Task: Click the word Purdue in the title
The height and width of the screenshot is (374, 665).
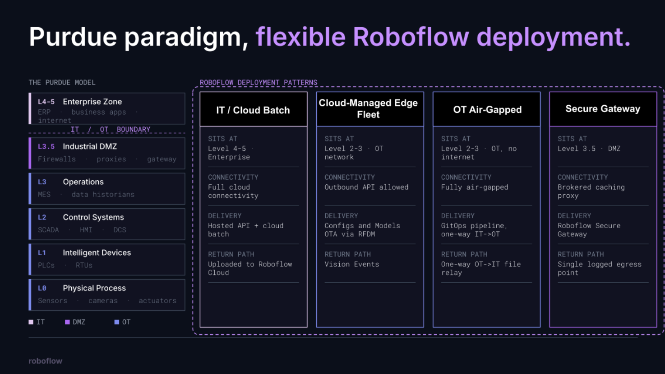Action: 73,37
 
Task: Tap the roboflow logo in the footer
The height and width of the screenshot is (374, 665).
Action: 46,361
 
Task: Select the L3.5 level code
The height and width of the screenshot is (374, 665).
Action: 46,146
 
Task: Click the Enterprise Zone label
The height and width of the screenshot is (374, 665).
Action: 92,102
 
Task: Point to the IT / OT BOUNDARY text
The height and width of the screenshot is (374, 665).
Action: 111,130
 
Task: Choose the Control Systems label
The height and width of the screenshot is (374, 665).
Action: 93,217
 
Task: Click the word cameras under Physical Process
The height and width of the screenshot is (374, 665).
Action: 103,301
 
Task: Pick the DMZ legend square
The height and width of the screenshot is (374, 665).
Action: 67,322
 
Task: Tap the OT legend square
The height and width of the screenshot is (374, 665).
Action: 117,322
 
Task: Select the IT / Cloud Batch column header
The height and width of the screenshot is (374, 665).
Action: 253,110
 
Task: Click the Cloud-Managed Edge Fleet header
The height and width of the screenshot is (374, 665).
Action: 368,108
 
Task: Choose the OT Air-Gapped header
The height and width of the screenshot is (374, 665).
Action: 487,110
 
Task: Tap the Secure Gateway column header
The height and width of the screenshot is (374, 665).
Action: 603,109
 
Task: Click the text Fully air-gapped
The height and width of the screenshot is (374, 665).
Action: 475,187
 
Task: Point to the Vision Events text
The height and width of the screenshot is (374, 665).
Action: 352,264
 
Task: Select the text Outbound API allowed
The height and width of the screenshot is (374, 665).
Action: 366,187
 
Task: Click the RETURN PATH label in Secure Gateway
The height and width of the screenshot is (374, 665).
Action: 581,254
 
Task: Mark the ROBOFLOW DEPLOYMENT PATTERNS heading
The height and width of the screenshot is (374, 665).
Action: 259,82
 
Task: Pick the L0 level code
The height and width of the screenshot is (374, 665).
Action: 42,288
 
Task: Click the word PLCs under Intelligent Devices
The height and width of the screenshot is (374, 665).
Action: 46,265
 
